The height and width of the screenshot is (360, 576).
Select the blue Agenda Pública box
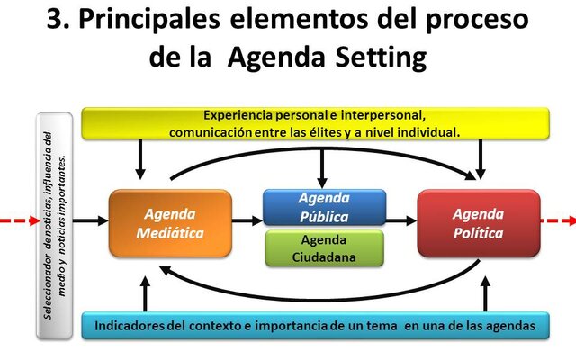(324, 207)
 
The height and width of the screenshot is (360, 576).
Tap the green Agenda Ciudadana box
(324, 247)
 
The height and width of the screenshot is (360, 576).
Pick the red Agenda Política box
(479, 223)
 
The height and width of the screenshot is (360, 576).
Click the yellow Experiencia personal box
(315, 123)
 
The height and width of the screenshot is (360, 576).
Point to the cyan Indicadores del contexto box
(315, 325)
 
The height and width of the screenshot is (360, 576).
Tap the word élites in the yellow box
(353, 131)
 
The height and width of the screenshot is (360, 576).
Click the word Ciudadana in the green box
(324, 256)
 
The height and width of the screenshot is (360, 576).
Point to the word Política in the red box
(479, 233)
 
